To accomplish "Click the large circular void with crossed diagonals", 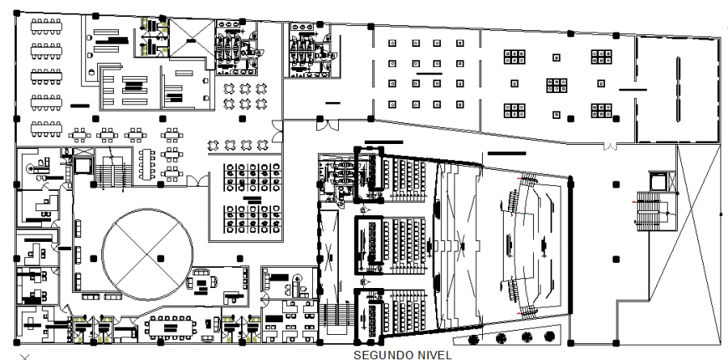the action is (147, 255).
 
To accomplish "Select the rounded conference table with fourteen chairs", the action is (171, 327).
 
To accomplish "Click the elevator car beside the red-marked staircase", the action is (659, 181).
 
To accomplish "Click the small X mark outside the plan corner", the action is (25, 357).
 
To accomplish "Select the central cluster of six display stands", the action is (556, 85).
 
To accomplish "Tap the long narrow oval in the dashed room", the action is (678, 90).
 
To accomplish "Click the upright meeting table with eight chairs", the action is (146, 164).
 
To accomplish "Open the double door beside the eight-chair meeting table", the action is (197, 181).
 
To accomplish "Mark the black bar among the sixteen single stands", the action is (429, 74).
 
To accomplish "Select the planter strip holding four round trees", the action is (508, 336).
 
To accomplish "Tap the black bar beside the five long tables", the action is (79, 106).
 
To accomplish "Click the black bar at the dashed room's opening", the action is (633, 90).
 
